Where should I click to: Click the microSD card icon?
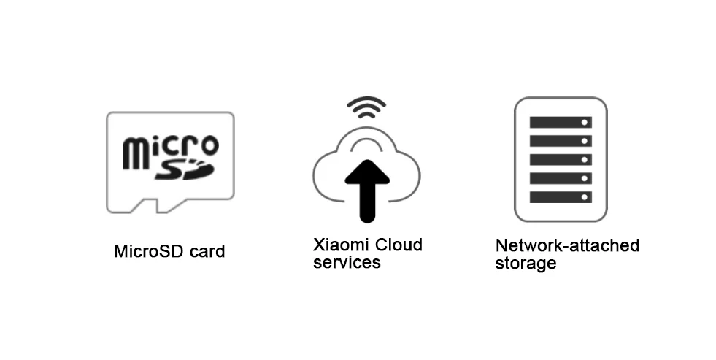pyautogui.click(x=170, y=162)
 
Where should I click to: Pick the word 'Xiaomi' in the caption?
pyautogui.click(x=339, y=245)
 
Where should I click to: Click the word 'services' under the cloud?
pyautogui.click(x=347, y=263)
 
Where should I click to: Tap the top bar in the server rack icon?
pyautogui.click(x=560, y=122)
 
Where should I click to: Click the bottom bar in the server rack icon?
pyautogui.click(x=560, y=196)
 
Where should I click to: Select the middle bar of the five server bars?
pyautogui.click(x=560, y=159)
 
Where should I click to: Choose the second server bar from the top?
pyautogui.click(x=560, y=140)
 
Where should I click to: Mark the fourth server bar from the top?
pyautogui.click(x=560, y=178)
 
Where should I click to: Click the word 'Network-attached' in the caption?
pyautogui.click(x=567, y=245)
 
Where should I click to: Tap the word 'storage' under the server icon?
pyautogui.click(x=526, y=264)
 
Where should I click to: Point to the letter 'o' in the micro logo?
pyautogui.click(x=208, y=145)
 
